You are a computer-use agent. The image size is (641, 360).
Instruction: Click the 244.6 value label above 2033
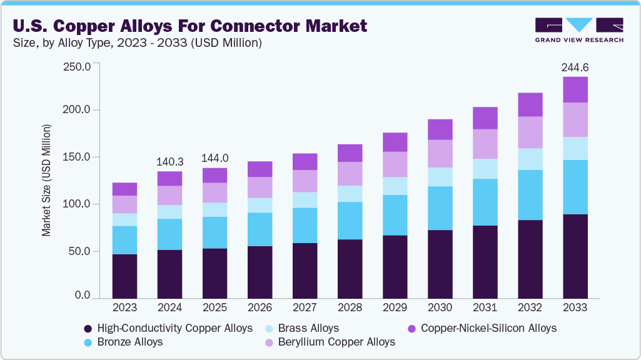click(575, 67)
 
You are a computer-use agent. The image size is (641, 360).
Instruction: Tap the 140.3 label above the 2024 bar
click(169, 161)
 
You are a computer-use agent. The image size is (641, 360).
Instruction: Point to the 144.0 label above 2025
click(215, 158)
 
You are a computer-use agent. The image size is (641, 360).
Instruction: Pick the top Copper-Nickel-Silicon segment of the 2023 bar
click(124, 189)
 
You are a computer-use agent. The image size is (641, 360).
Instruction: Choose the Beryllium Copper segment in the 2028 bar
click(350, 174)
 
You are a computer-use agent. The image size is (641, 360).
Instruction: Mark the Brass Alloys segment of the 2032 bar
click(530, 159)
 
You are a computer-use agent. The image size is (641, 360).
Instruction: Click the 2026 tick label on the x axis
click(260, 307)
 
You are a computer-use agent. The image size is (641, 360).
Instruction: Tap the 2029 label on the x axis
click(395, 307)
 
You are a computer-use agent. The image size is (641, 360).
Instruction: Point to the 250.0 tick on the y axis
click(78, 66)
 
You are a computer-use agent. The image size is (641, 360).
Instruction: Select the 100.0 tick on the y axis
click(78, 204)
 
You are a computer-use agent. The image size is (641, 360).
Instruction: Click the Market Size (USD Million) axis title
click(46, 180)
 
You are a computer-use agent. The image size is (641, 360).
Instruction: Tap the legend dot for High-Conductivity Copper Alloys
click(88, 328)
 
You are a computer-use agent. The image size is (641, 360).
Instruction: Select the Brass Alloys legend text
click(308, 328)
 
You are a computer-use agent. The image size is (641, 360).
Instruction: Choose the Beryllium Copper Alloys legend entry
click(336, 342)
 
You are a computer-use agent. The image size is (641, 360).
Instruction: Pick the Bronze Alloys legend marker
click(88, 342)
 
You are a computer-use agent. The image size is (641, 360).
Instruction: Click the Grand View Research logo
click(579, 30)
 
